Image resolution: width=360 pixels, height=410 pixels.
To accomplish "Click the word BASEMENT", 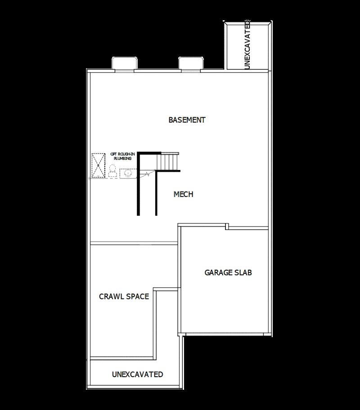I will point(187,120).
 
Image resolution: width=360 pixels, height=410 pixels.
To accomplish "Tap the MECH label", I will point(183,194).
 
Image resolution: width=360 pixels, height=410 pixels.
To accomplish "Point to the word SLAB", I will point(243,272).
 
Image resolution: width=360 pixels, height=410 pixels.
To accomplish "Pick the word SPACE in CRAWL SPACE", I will point(137,297).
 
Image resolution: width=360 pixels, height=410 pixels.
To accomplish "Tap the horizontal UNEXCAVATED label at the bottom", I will point(137,374).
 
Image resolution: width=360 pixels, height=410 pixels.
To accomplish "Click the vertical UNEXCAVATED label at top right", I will point(247,45).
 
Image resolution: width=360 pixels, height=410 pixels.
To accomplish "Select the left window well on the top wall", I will point(124,63).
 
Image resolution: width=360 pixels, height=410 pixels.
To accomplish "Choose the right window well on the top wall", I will point(191,63).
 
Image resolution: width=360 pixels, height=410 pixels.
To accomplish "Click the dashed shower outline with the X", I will point(98,166).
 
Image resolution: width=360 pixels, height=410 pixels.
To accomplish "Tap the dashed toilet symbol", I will point(112,171).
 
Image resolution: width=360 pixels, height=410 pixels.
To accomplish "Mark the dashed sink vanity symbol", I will point(128,173).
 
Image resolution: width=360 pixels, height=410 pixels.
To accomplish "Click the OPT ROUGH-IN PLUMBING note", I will point(122,156).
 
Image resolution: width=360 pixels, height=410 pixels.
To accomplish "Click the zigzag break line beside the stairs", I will point(147,174).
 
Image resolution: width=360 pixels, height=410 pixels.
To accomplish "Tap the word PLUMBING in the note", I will point(122,159).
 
